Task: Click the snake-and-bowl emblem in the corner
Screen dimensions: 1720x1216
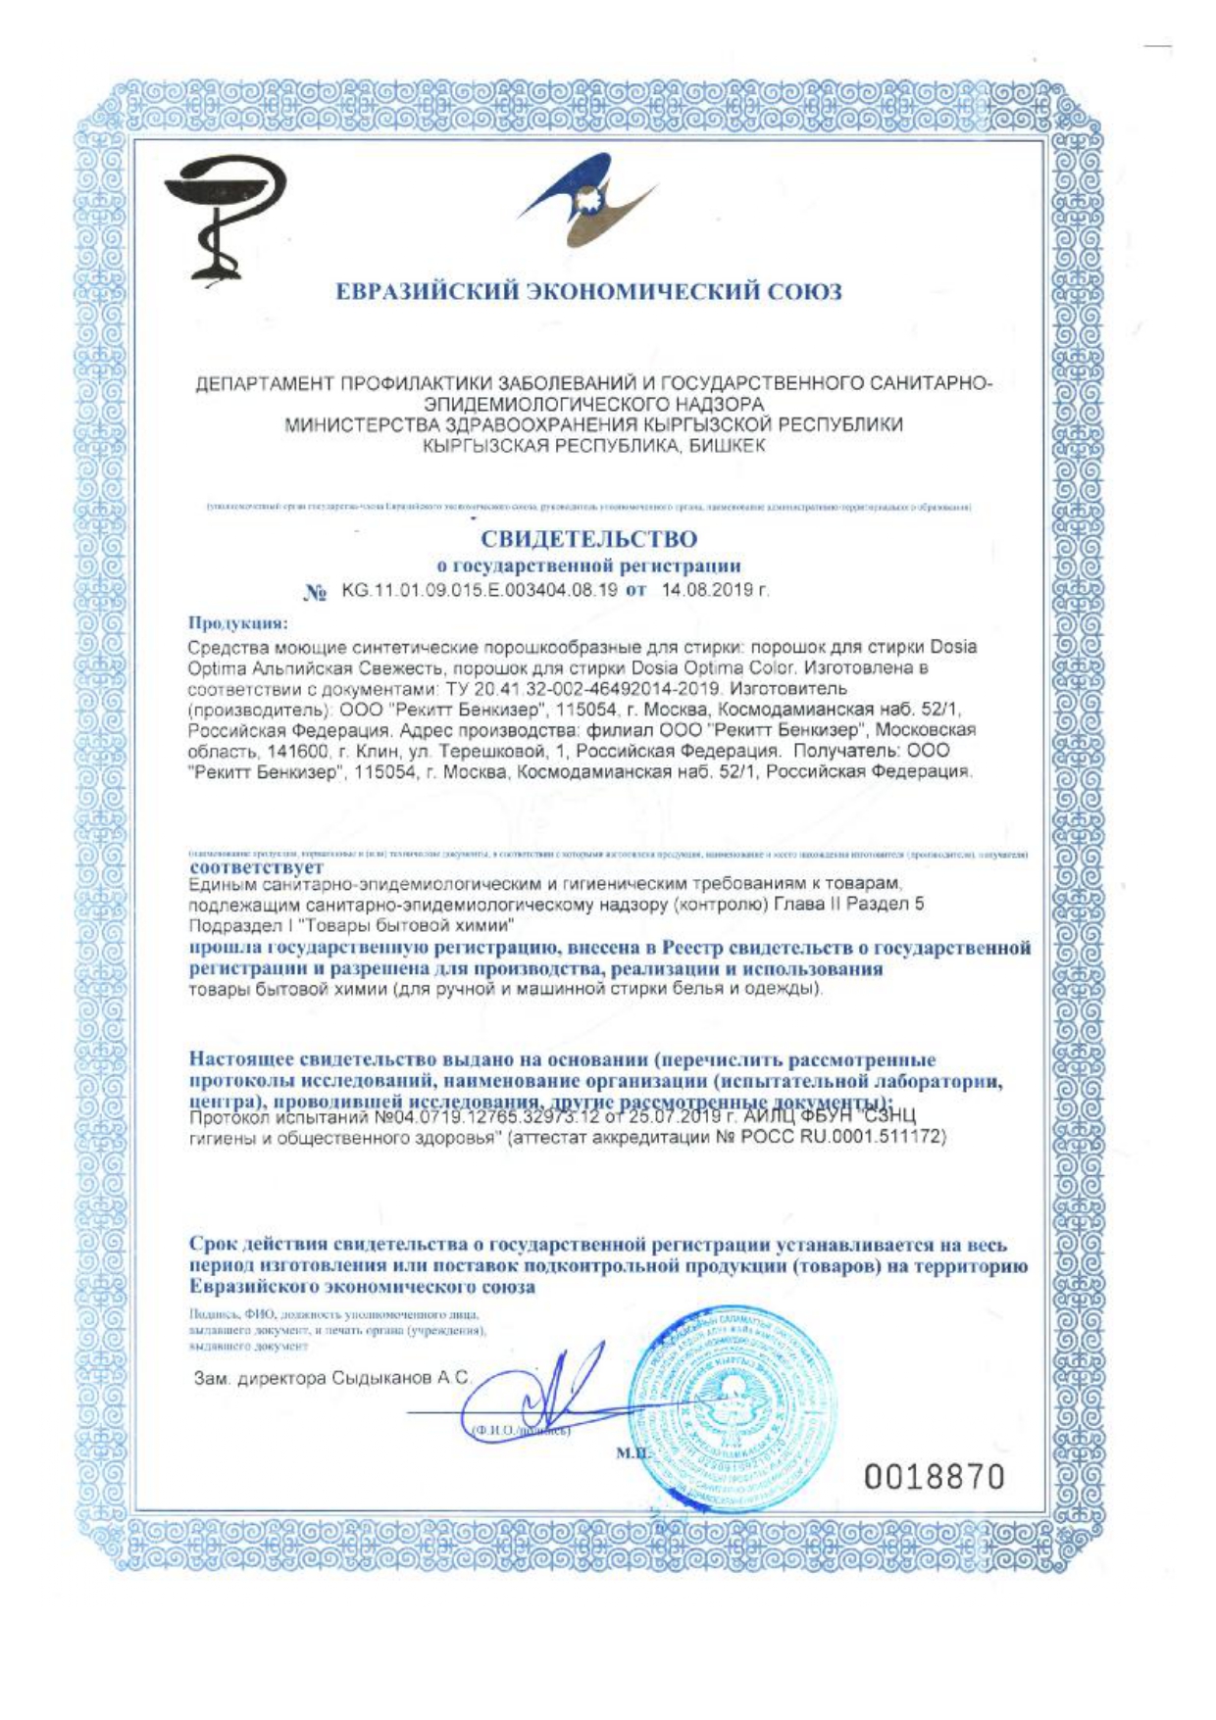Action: click(x=225, y=217)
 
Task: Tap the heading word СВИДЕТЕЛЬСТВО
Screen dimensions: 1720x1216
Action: click(x=588, y=539)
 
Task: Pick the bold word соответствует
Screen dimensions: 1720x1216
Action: click(x=256, y=867)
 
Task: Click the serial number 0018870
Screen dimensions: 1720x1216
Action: click(x=935, y=1476)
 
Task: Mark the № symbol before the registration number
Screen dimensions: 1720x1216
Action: click(x=315, y=592)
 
